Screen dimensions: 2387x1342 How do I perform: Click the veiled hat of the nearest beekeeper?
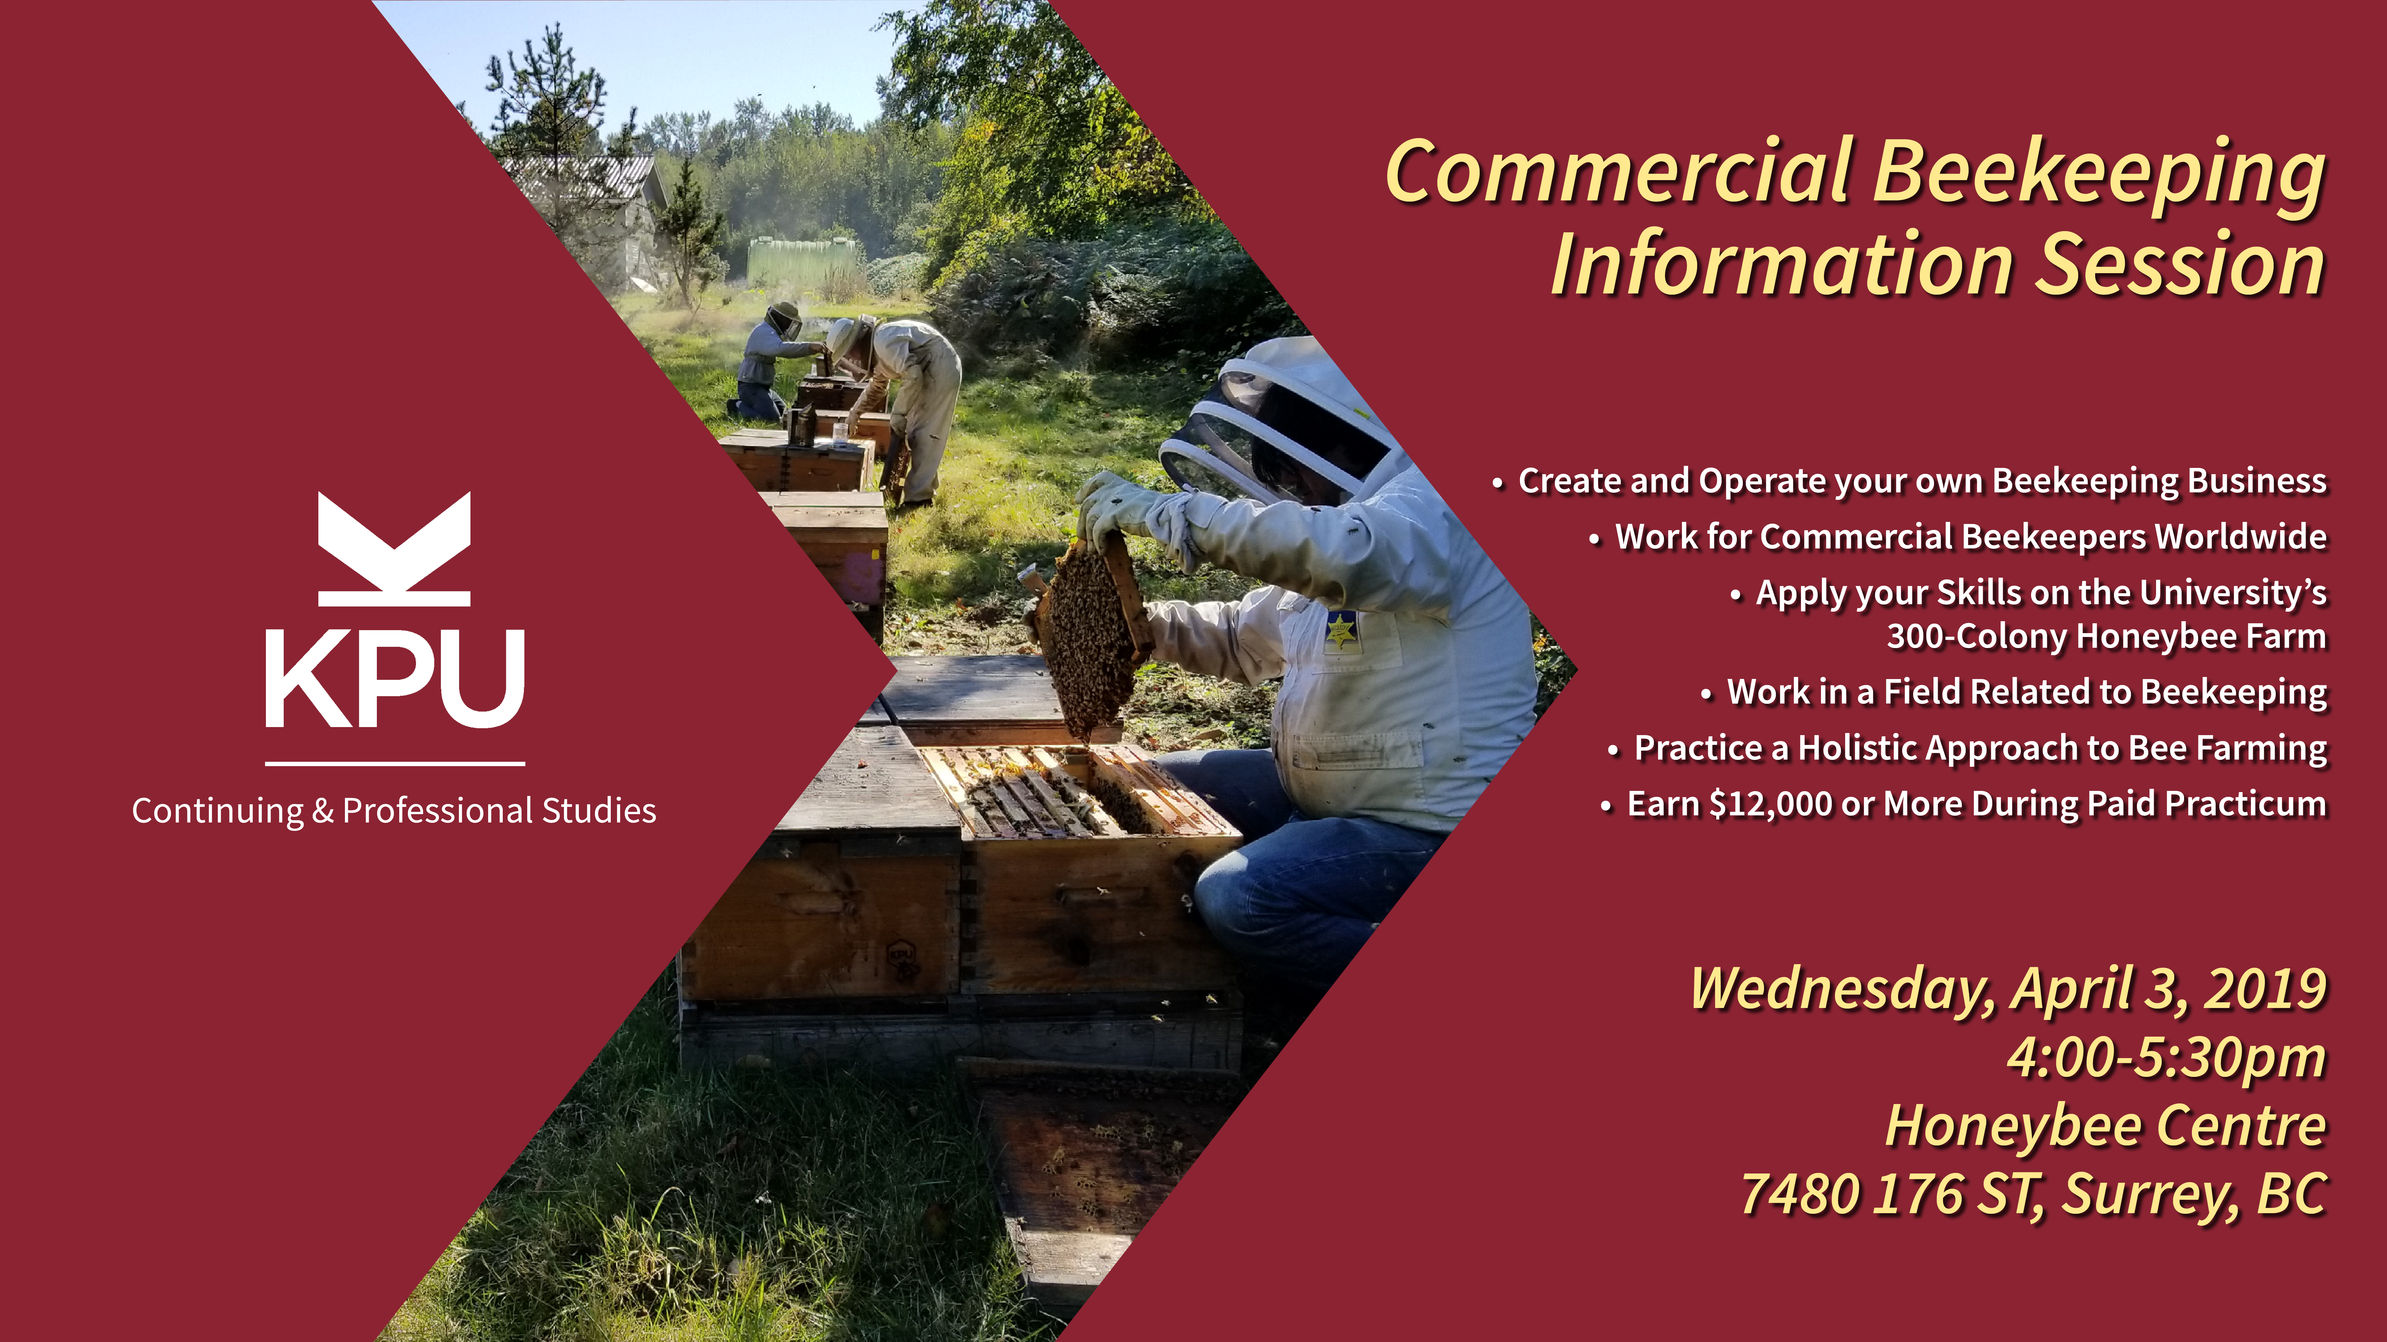tap(1274, 421)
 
